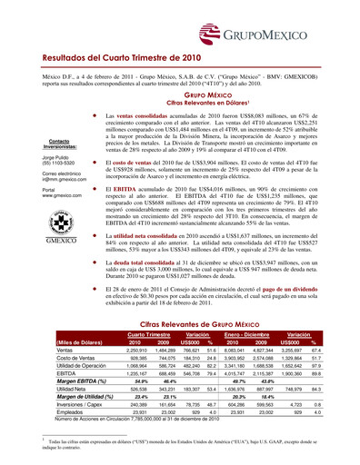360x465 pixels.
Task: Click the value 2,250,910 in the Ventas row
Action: [x=135, y=350]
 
